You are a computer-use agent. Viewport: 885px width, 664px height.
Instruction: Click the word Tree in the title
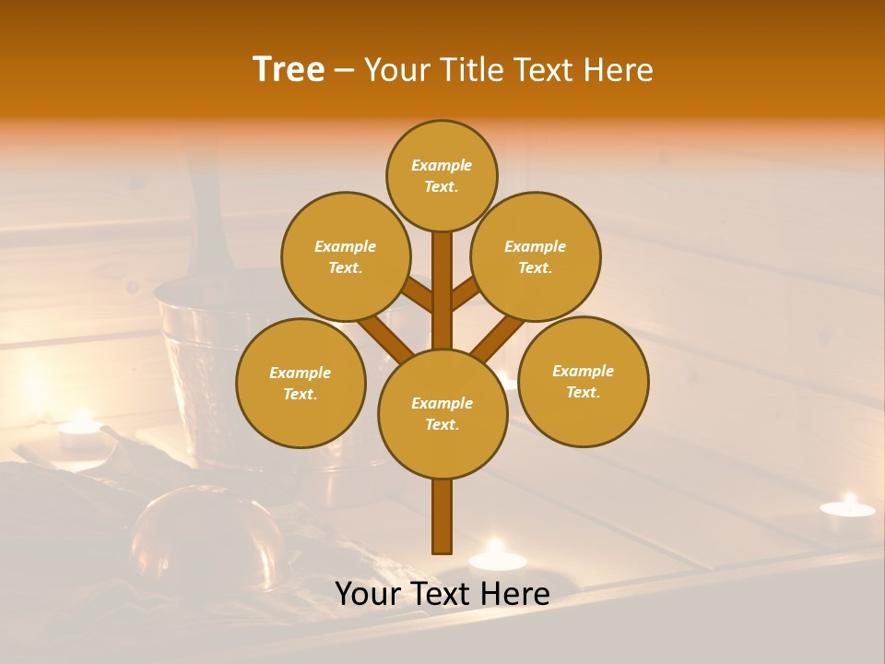pyautogui.click(x=289, y=70)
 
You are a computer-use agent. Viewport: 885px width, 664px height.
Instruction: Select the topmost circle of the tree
pyautogui.click(x=442, y=175)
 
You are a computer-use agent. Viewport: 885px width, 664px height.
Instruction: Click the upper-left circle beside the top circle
pyautogui.click(x=346, y=256)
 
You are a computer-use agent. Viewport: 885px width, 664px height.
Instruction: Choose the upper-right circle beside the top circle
pyautogui.click(x=536, y=256)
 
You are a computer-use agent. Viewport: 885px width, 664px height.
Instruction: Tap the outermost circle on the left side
pyautogui.click(x=301, y=383)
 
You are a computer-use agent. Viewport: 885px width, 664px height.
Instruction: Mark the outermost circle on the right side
pyautogui.click(x=584, y=381)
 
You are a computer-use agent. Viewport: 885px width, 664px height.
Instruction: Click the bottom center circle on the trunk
pyautogui.click(x=442, y=413)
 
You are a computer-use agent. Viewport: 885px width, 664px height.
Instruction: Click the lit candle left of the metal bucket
pyautogui.click(x=80, y=429)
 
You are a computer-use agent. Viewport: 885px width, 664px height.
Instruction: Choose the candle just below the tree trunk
pyautogui.click(x=497, y=557)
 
